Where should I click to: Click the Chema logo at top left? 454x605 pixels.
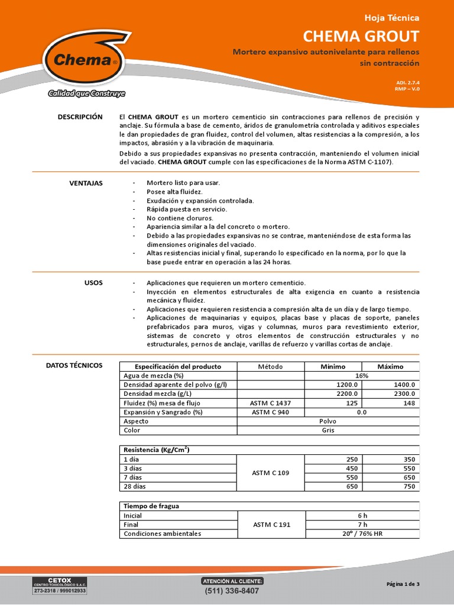(x=85, y=60)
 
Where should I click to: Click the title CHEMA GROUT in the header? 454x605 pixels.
(x=361, y=36)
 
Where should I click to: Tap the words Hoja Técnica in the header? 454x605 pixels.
(x=391, y=18)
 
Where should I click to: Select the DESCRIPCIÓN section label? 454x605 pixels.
(x=80, y=117)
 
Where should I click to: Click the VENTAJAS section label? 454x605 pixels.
(x=86, y=183)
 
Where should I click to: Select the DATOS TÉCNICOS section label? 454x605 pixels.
(x=74, y=366)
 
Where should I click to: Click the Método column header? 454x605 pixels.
(x=270, y=366)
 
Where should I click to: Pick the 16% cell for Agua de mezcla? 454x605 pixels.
(x=362, y=376)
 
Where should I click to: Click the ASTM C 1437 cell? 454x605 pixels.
(x=270, y=403)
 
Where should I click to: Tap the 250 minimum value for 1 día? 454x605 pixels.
(x=352, y=459)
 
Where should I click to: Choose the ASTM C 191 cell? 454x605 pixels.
(x=270, y=524)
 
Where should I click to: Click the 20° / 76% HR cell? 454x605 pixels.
(x=362, y=534)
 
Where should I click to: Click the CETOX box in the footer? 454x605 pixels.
(x=59, y=586)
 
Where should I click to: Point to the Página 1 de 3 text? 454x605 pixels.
(x=403, y=584)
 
